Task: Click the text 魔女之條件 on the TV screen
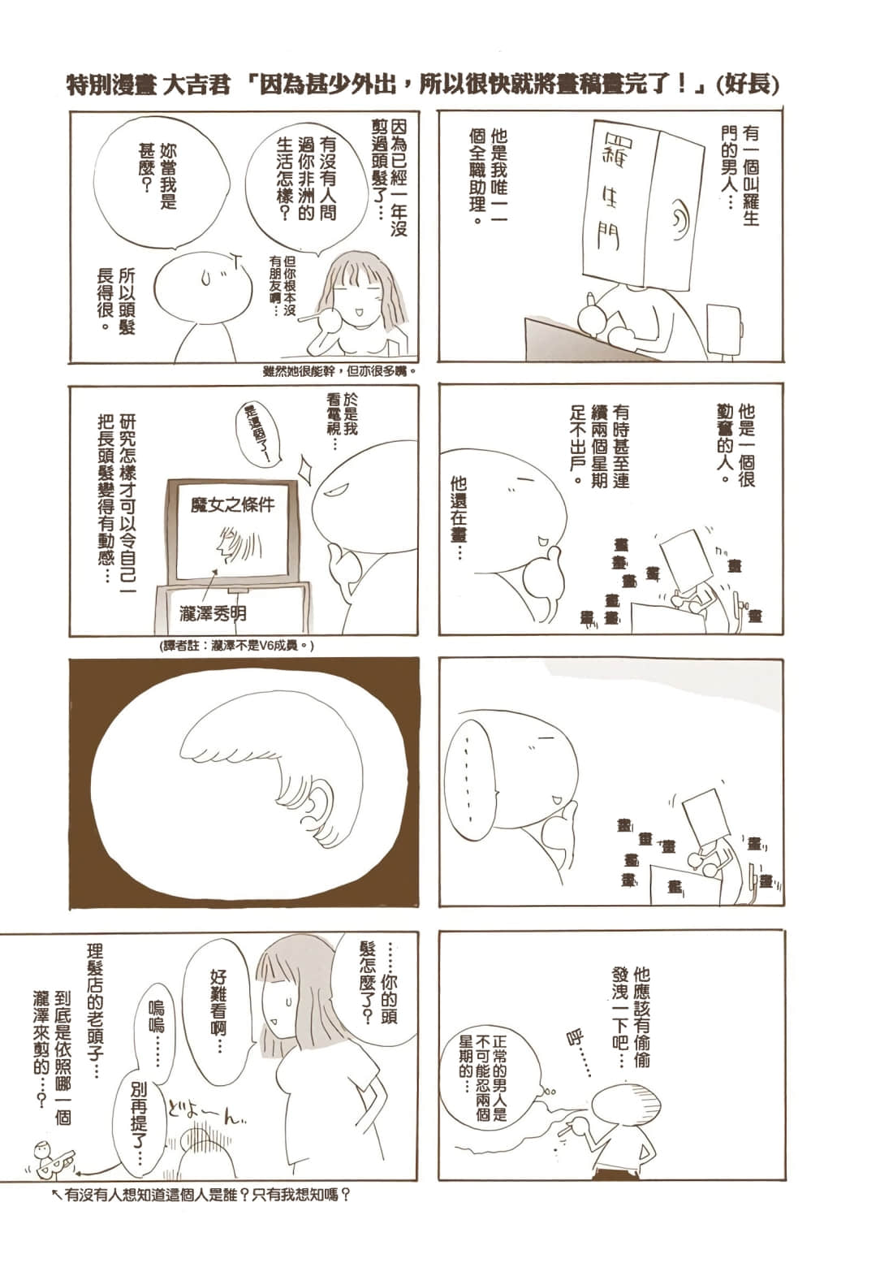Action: click(x=233, y=504)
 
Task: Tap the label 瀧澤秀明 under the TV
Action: click(x=213, y=614)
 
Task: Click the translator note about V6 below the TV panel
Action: click(x=237, y=645)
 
